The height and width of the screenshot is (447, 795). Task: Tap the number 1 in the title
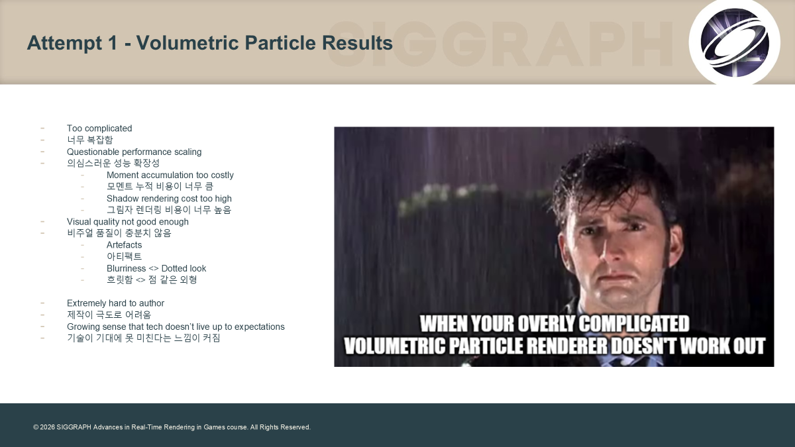click(113, 43)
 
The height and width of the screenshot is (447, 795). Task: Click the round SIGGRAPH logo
click(734, 42)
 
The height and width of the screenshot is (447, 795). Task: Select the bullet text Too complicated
click(99, 128)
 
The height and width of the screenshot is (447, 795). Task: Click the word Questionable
click(93, 152)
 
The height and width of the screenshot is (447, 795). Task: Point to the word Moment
click(121, 175)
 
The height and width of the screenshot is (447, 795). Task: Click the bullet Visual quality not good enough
click(128, 222)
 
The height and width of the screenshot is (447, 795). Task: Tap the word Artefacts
click(125, 245)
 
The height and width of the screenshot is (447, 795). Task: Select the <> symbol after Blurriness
click(154, 269)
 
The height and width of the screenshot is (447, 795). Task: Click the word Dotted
click(172, 269)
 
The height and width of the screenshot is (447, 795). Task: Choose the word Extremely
click(86, 303)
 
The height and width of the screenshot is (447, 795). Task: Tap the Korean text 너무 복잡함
click(90, 140)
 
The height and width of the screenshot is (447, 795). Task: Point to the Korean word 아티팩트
click(125, 256)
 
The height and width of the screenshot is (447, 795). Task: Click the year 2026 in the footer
click(47, 427)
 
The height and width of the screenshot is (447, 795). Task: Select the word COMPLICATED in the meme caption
click(634, 324)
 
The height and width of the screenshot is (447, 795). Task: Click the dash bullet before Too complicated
click(42, 128)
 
